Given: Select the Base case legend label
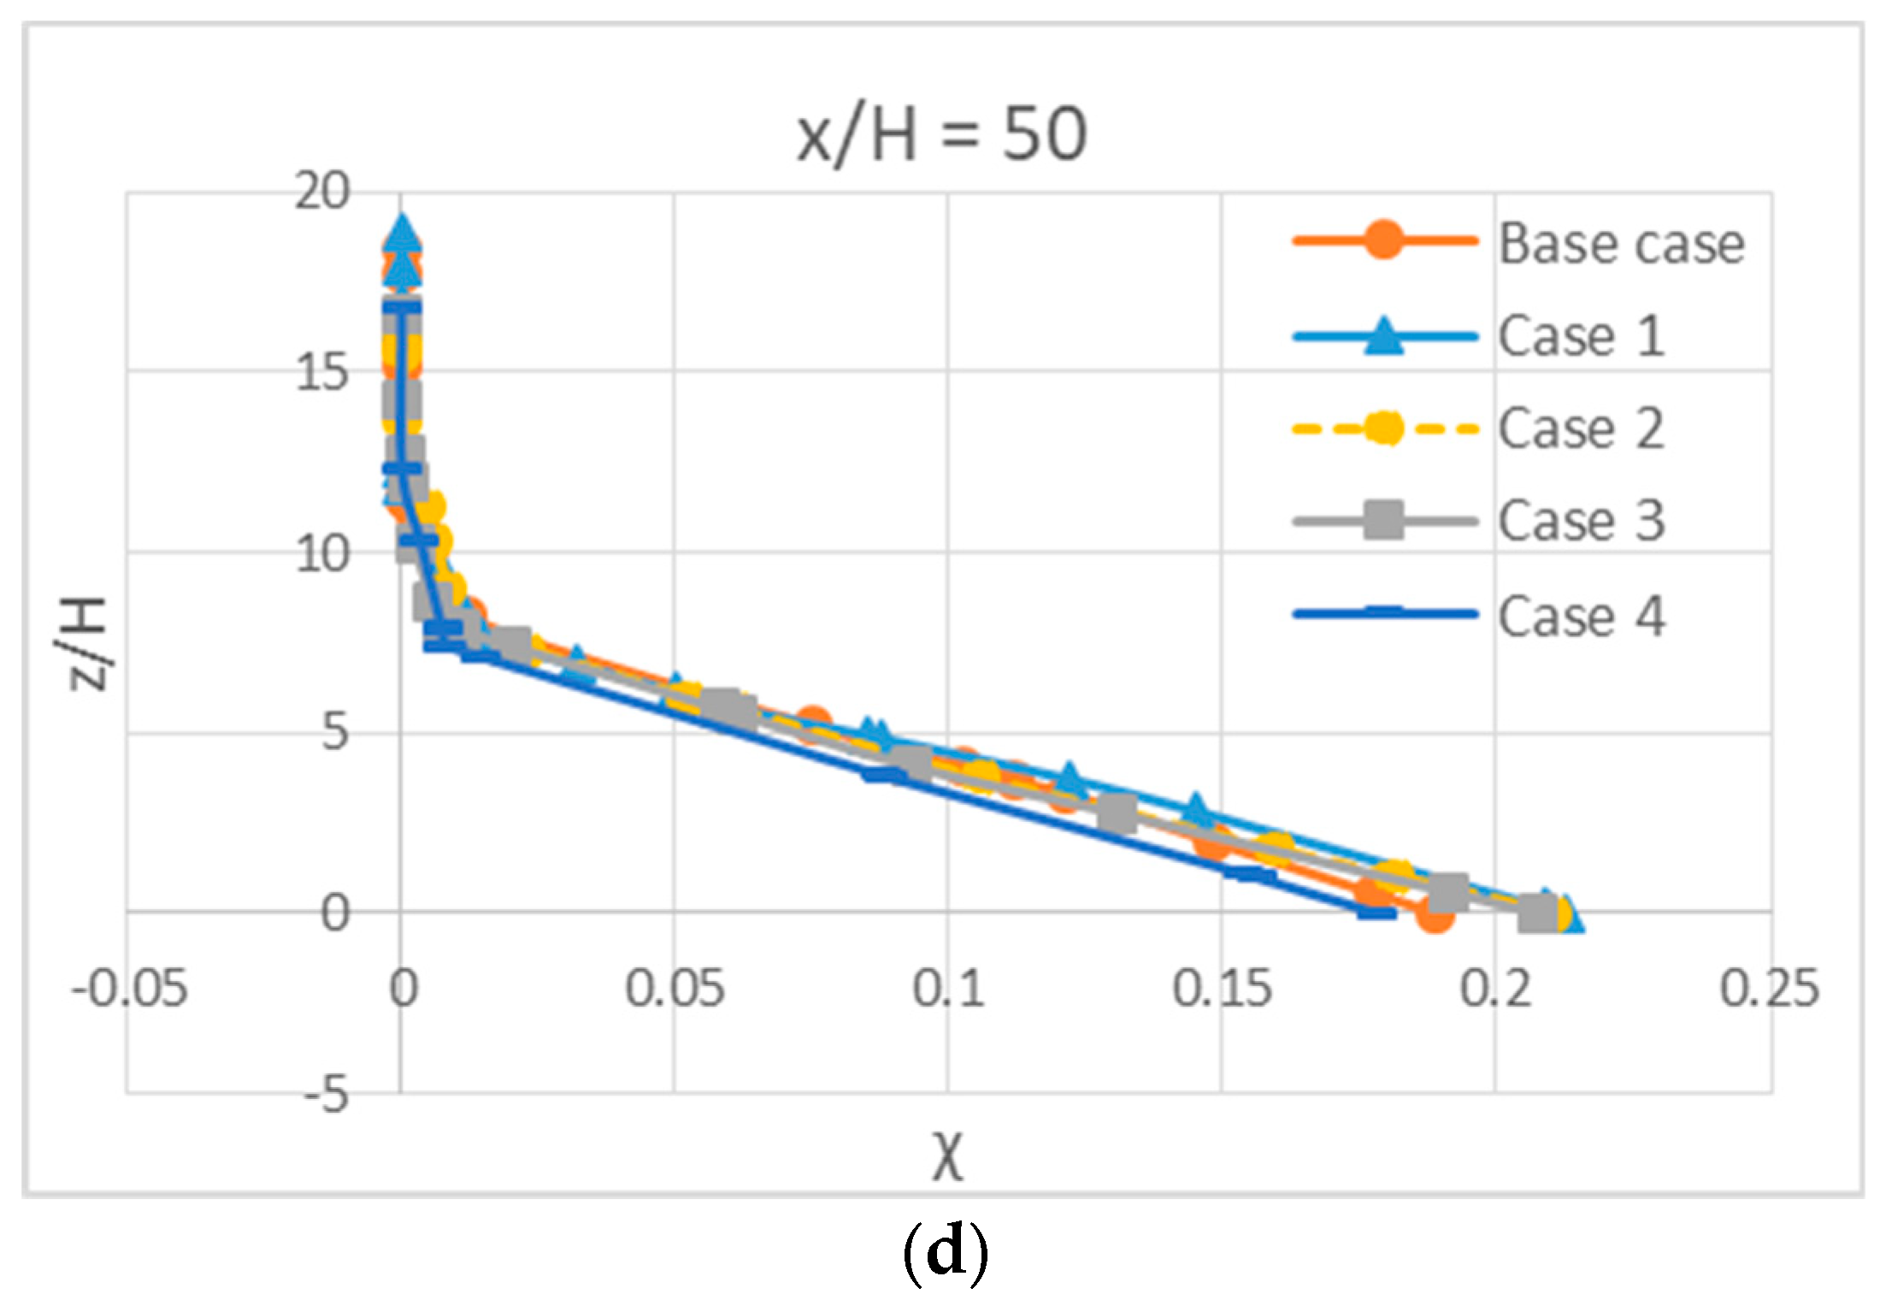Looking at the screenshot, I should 1621,244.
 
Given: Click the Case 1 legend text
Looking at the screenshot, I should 1581,335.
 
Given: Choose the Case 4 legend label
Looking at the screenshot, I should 1581,616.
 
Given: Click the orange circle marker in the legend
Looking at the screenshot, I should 1382,240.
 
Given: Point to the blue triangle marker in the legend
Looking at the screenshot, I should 1382,335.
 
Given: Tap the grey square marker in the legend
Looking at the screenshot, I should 1382,520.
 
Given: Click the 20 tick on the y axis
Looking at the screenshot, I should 322,192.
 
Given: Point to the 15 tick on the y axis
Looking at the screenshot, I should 322,374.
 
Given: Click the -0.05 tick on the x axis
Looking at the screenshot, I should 129,990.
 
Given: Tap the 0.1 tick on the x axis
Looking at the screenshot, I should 947,990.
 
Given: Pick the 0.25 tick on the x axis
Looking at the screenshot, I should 1769,990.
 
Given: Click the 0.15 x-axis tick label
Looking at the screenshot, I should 1222,990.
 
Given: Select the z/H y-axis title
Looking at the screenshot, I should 87,643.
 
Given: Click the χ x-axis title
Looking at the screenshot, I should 947,1157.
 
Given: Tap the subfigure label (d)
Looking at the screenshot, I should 945,1252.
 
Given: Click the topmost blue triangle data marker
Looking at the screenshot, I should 403,231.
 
